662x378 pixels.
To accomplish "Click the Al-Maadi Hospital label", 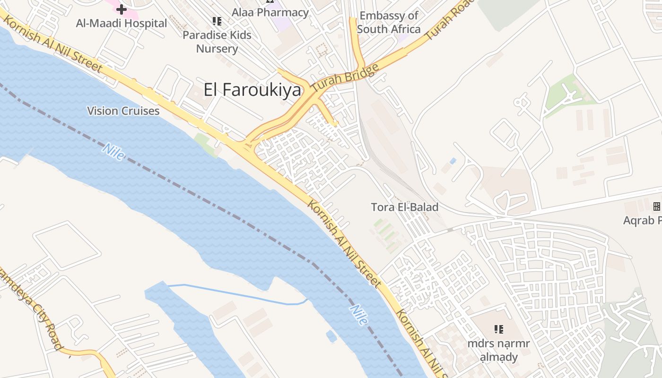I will pos(122,23).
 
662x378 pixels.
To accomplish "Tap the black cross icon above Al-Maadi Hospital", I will pos(122,9).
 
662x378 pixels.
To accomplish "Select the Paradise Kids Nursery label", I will pos(217,42).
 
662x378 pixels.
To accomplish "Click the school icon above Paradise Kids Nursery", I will pos(217,21).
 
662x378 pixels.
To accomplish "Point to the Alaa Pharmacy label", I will pos(270,12).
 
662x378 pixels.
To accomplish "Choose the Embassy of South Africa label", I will pos(389,22).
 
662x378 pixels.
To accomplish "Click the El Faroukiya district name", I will pos(252,89).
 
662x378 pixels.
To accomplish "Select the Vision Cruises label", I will pos(123,111).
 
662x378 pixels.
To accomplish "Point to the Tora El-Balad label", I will pos(404,207).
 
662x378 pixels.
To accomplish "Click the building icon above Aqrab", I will pos(656,206).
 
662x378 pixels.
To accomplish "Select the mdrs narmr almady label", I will pos(498,350).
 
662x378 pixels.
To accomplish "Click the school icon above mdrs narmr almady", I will pos(498,329).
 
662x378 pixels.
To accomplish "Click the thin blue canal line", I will pos(236,294).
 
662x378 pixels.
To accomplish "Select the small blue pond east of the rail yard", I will pos(453,161).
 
